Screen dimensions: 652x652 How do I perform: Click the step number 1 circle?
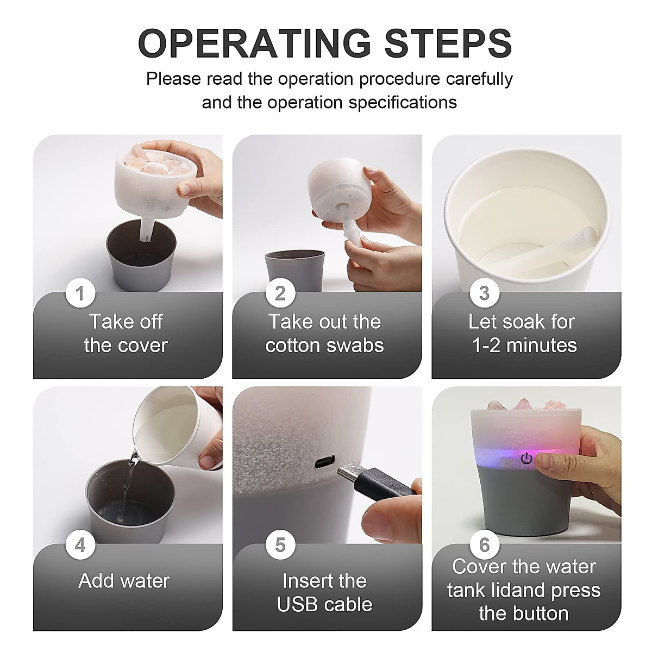pyautogui.click(x=80, y=293)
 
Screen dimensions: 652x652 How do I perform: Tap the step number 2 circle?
pyautogui.click(x=280, y=293)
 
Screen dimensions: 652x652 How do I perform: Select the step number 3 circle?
pyautogui.click(x=485, y=293)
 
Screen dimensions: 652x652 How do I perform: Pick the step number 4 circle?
pyautogui.click(x=80, y=545)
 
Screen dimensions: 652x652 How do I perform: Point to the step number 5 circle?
pyautogui.click(x=280, y=545)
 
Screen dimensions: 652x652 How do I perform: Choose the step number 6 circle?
pyautogui.click(x=485, y=545)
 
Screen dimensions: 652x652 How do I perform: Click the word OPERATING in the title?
pyautogui.click(x=255, y=43)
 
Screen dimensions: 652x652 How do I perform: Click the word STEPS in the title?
pyautogui.click(x=448, y=43)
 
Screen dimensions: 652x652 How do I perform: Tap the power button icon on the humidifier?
pyautogui.click(x=526, y=459)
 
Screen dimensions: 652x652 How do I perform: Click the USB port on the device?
pyautogui.click(x=325, y=461)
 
